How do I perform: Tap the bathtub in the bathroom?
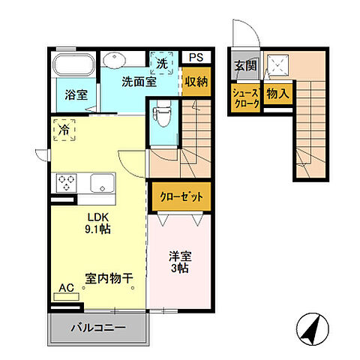(73, 64)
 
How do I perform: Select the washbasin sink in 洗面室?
(115, 61)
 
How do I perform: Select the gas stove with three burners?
(67, 182)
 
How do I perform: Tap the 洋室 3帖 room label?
(178, 260)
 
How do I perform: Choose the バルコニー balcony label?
(97, 328)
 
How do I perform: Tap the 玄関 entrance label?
(245, 65)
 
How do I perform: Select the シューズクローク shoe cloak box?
(244, 98)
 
